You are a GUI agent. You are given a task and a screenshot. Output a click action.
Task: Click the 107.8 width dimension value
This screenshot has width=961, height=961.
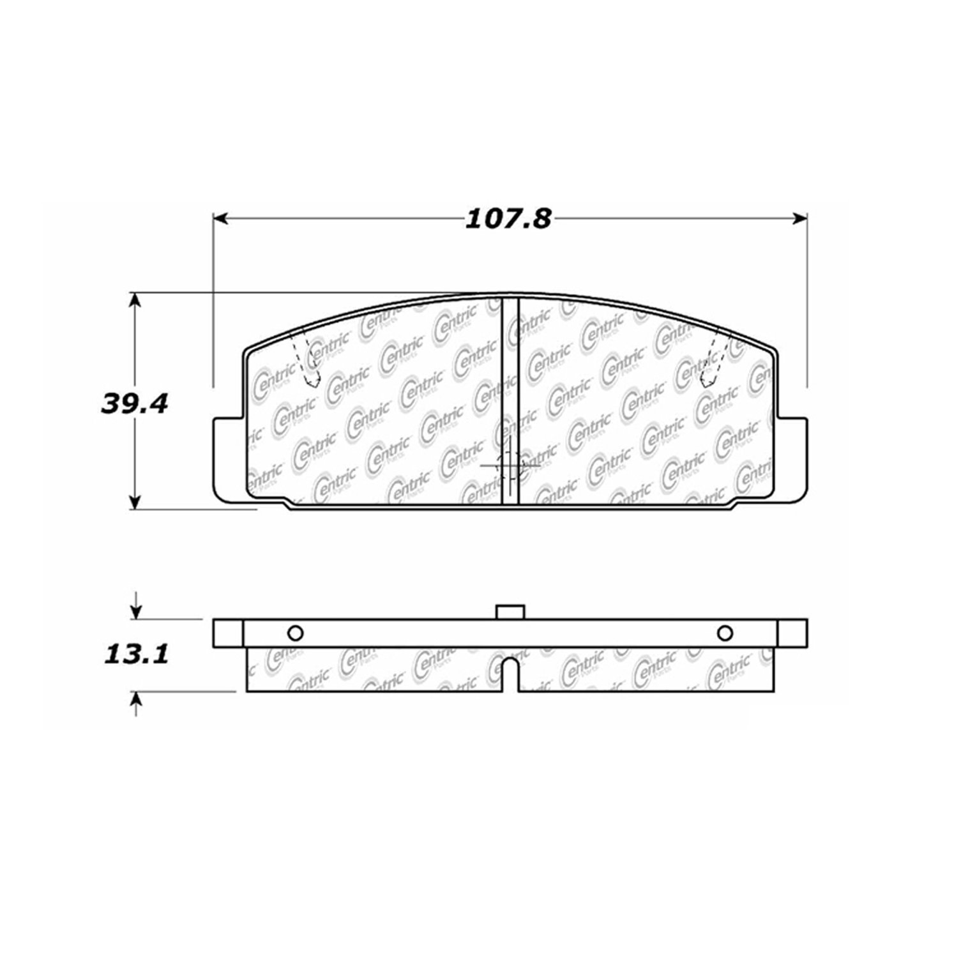point(508,220)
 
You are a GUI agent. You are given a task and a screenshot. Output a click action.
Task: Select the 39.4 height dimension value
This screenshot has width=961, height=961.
point(134,403)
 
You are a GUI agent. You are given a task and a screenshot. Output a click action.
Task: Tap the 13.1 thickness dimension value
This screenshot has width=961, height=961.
point(135,654)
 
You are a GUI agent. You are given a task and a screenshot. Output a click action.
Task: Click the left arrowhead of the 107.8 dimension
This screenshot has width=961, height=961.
point(220,219)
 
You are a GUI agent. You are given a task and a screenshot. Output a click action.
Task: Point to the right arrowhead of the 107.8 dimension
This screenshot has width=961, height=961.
point(799,219)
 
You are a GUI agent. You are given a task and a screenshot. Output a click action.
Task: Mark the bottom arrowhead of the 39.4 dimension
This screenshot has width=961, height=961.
point(135,501)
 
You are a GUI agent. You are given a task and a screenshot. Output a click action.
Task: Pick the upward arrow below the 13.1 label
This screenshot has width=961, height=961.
point(135,704)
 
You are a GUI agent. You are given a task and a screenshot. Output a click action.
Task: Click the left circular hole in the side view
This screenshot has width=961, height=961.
point(295,633)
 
